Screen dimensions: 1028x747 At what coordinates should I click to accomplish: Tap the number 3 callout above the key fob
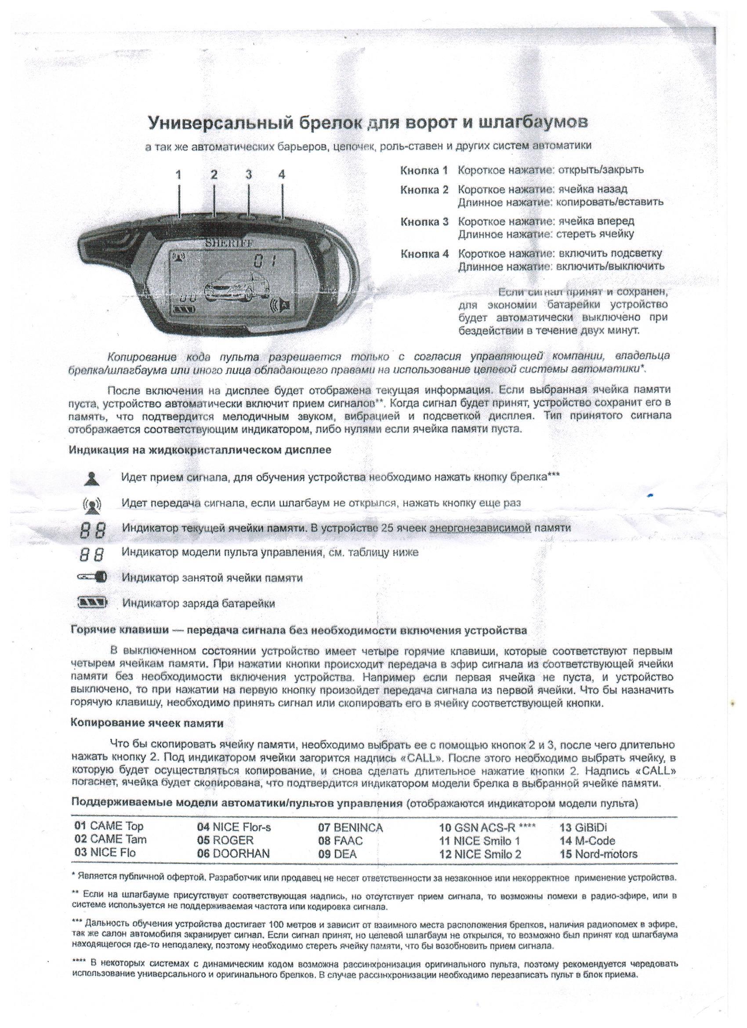tap(248, 175)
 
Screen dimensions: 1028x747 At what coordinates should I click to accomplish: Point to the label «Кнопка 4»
tap(424, 253)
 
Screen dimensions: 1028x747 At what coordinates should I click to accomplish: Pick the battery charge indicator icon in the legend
tap(94, 603)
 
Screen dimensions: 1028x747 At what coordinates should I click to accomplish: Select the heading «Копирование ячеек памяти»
tap(147, 723)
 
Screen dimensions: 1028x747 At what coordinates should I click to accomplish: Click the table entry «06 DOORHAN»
tap(233, 853)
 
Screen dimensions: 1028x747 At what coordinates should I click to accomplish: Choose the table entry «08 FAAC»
tap(340, 841)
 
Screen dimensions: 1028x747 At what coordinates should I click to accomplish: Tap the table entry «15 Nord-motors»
tap(598, 854)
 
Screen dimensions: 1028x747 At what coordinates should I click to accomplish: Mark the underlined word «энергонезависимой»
tap(480, 528)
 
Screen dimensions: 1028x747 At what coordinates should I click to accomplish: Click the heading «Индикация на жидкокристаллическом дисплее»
tap(200, 450)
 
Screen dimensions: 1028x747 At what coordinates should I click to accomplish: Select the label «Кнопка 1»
tap(424, 171)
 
